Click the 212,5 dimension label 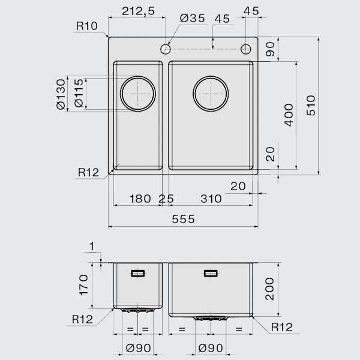(138, 11)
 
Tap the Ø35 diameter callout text (193, 18)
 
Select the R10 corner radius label (87, 26)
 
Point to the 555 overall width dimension (183, 219)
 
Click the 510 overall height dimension (311, 106)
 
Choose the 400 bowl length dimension (289, 115)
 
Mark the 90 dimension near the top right (270, 49)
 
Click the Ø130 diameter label (61, 94)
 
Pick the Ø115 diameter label (79, 93)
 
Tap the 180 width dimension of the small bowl (140, 199)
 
